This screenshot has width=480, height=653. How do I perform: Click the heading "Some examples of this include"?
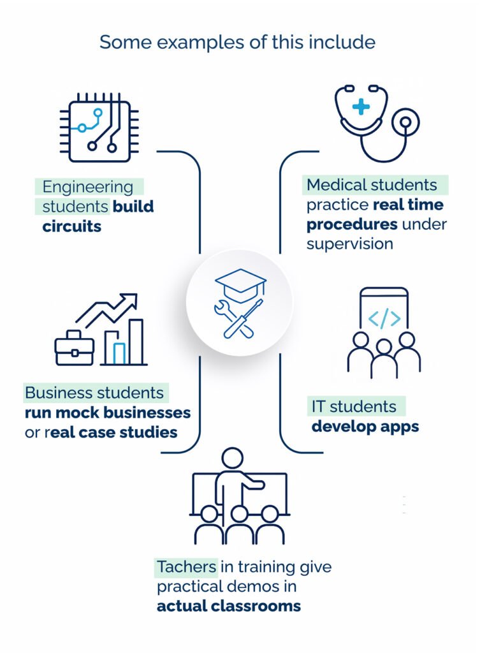click(238, 43)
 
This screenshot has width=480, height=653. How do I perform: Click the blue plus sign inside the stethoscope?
click(361, 106)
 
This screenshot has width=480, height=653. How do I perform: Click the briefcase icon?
click(74, 349)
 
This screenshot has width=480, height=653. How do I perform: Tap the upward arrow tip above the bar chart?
click(132, 298)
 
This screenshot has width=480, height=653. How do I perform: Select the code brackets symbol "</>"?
click(384, 318)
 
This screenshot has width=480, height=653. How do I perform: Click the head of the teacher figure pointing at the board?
click(232, 458)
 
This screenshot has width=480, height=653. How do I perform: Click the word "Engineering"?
click(88, 187)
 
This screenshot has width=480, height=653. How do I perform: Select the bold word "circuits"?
click(72, 226)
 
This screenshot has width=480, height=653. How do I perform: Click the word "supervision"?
click(349, 244)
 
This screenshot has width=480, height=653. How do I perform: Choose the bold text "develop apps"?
click(365, 426)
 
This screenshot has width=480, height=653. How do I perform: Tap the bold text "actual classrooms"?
click(229, 606)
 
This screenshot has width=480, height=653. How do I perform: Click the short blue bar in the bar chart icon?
click(120, 353)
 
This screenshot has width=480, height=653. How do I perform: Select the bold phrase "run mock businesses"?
click(108, 413)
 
